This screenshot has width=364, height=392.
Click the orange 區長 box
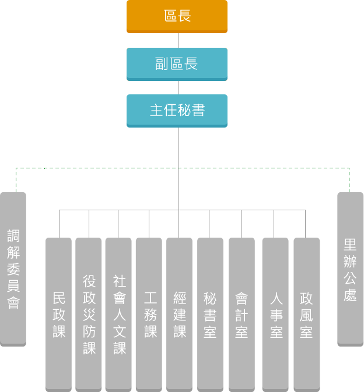[177, 16]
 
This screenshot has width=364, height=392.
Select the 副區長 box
[177, 63]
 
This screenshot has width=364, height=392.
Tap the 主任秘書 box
[177, 110]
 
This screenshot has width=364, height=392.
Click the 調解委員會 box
[13, 269]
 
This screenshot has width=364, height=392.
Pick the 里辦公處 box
[350, 269]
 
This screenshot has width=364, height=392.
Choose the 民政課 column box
[59, 314]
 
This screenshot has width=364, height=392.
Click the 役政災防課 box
[89, 314]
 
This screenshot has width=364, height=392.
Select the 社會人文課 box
[118, 314]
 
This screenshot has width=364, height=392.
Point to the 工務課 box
[149, 314]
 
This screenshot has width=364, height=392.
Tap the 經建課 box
[179, 314]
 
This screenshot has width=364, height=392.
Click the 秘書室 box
[210, 314]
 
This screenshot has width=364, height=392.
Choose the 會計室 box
[242, 314]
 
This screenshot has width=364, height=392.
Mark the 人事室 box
[275, 314]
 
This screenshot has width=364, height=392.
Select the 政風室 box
[306, 314]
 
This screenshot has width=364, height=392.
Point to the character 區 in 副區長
[177, 63]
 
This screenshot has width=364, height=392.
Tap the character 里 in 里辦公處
[350, 244]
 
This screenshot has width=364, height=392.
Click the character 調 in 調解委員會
[13, 235]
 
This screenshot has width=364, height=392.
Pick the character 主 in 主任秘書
[156, 110]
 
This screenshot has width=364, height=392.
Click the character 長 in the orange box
[184, 16]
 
